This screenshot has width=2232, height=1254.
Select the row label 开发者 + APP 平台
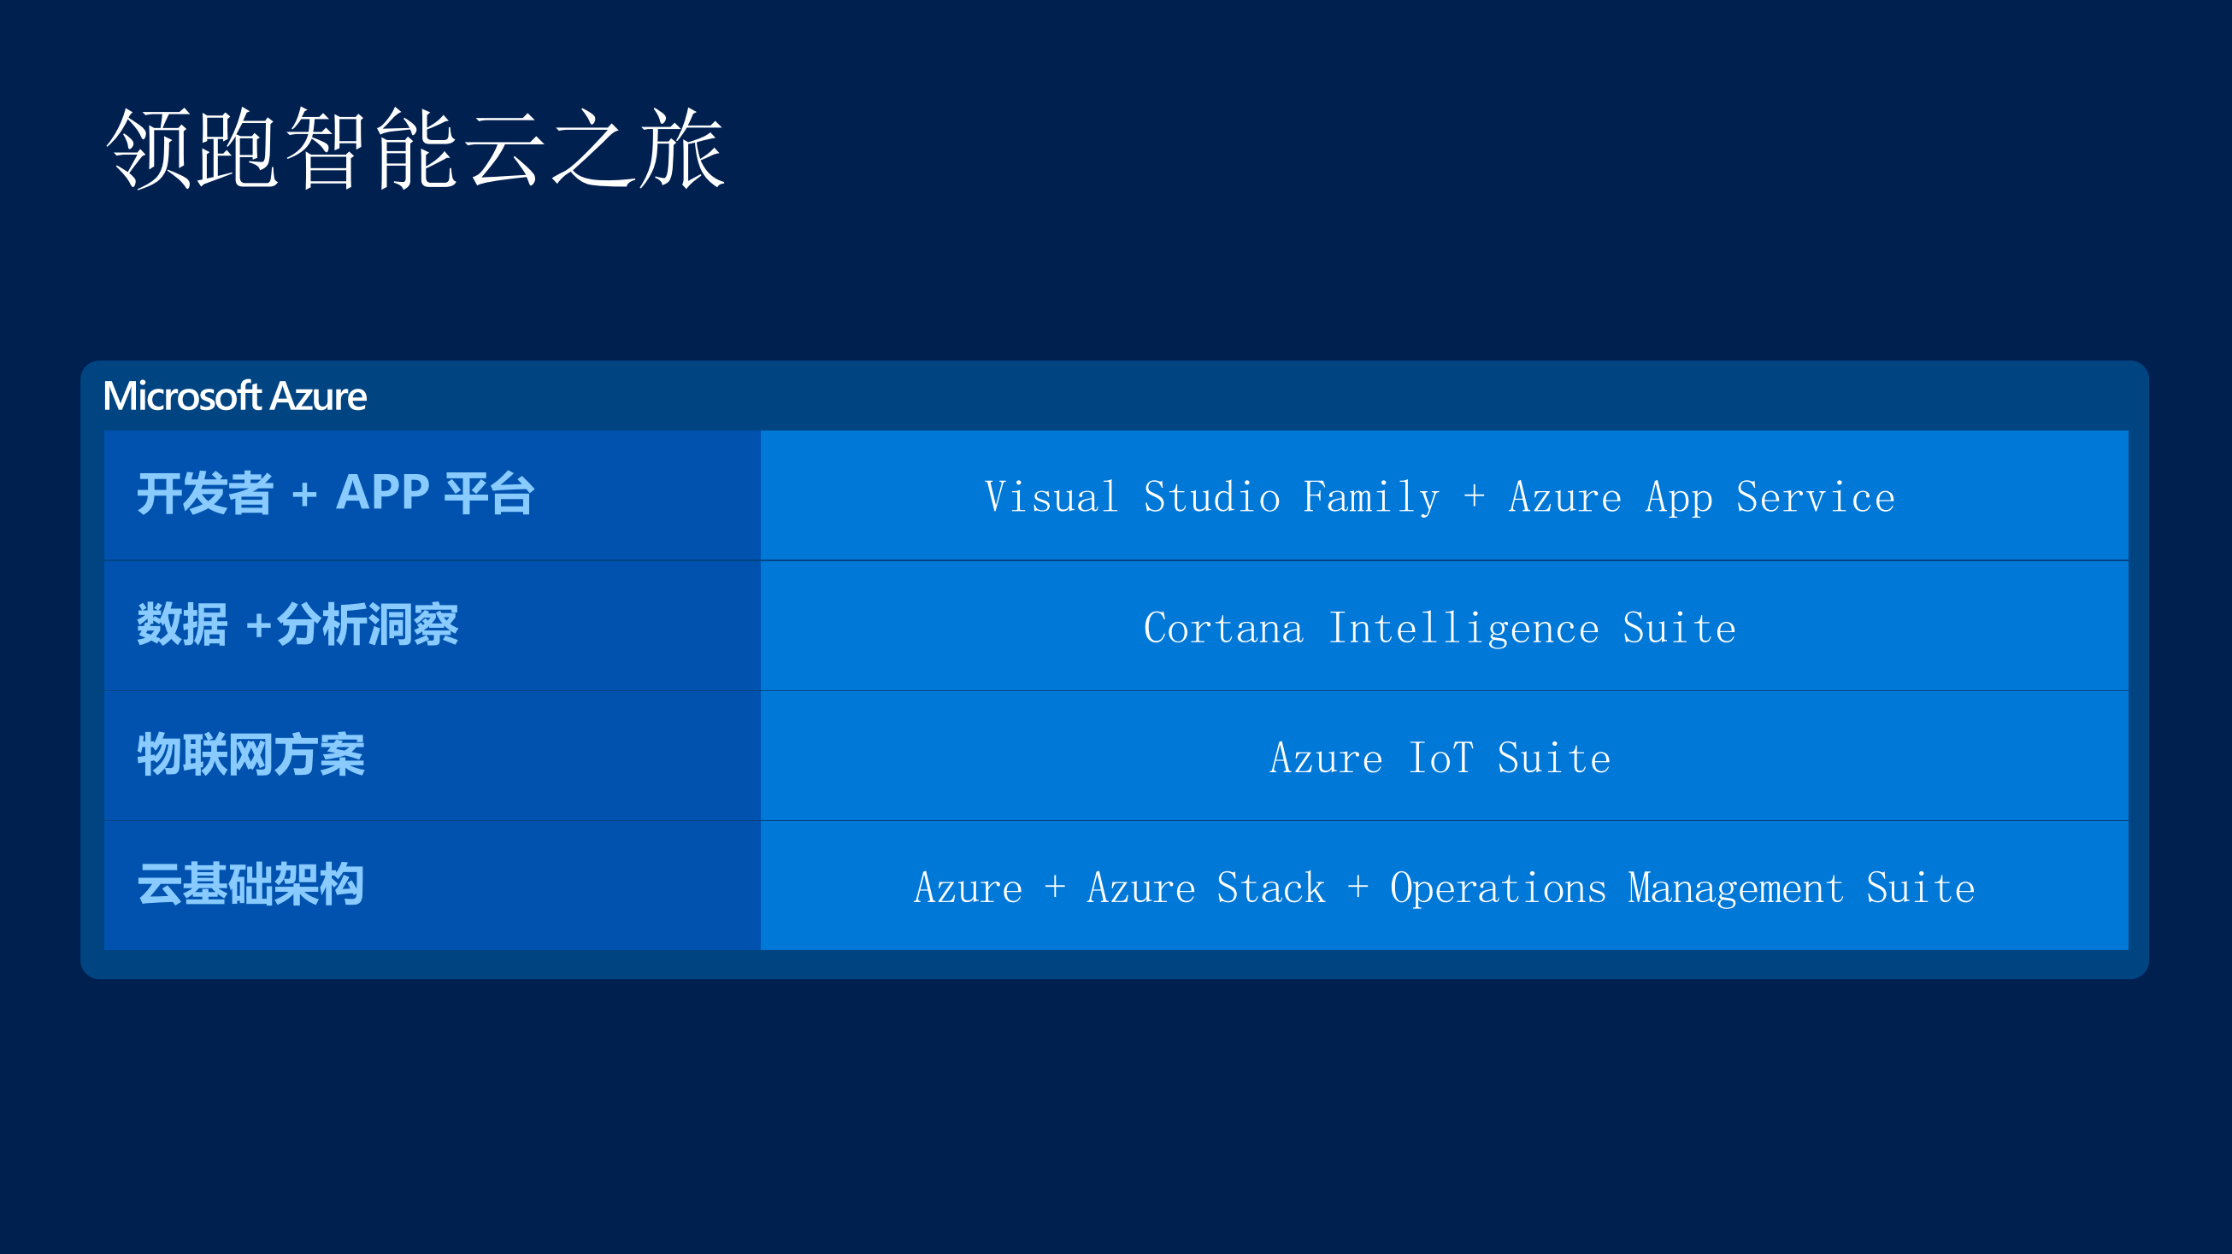coord(335,494)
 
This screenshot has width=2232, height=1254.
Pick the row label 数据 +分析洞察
coord(297,624)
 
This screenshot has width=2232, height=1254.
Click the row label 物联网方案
coord(250,755)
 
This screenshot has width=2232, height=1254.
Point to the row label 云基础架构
coord(250,885)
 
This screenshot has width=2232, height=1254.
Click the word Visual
coord(1051,497)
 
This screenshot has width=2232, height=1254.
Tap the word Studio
coord(1211,497)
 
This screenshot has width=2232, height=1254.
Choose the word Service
coord(1815,497)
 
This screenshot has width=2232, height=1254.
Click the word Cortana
coord(1222,628)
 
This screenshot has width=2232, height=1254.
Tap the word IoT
coord(1440,758)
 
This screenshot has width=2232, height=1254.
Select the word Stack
coord(1270,888)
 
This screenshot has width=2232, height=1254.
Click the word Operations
coord(1497,889)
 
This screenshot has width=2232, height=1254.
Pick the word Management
coord(1735,889)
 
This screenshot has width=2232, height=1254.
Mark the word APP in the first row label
coord(382,492)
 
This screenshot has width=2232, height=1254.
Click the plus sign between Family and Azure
coord(1474,497)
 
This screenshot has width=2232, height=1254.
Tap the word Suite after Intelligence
coord(1679,628)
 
